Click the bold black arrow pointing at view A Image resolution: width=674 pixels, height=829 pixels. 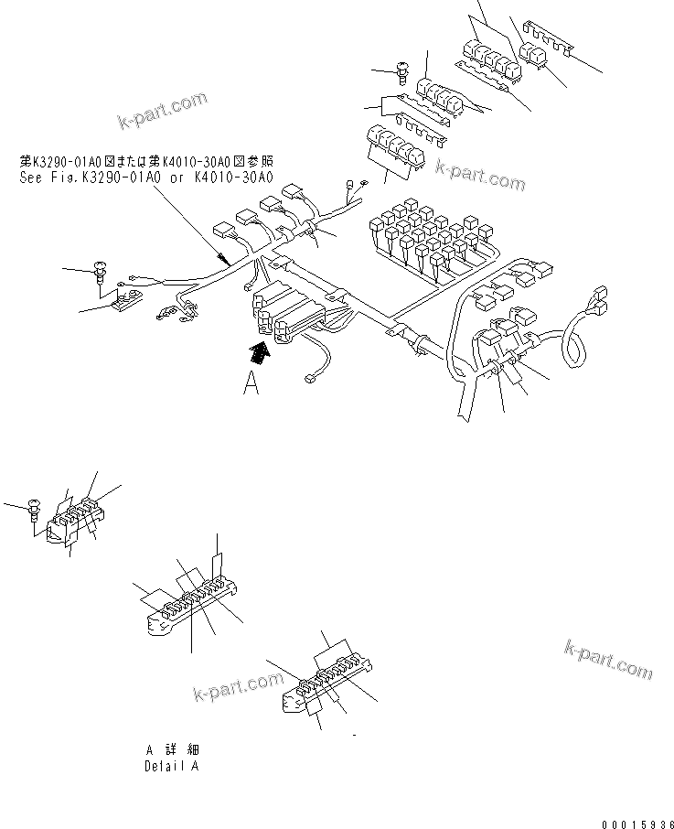tap(260, 350)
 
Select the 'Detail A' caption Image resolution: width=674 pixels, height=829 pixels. tap(171, 766)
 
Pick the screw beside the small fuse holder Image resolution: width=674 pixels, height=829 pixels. tap(36, 504)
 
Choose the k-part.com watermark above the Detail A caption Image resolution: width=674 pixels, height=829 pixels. tap(239, 687)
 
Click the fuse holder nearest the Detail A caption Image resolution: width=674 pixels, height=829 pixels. tap(325, 692)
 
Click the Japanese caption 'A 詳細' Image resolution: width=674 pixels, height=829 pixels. tap(171, 749)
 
